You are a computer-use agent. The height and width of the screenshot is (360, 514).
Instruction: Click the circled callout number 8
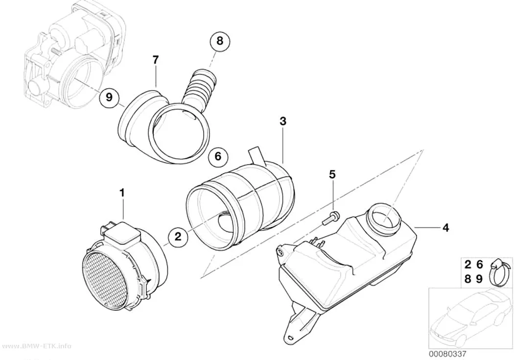tap(220, 41)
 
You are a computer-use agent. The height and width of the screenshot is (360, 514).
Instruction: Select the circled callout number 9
tap(109, 97)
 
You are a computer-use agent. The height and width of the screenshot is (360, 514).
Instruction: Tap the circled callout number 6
tap(218, 156)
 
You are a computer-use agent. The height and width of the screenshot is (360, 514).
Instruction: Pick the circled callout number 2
tap(178, 236)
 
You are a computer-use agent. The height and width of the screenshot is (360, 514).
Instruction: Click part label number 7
tap(155, 60)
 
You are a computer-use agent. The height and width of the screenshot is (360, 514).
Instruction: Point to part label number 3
tap(283, 121)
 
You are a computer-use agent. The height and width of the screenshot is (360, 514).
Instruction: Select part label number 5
tap(332, 175)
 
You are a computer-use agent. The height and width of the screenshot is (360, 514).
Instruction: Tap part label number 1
tap(122, 193)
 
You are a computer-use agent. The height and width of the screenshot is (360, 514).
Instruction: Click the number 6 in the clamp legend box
tap(479, 264)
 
